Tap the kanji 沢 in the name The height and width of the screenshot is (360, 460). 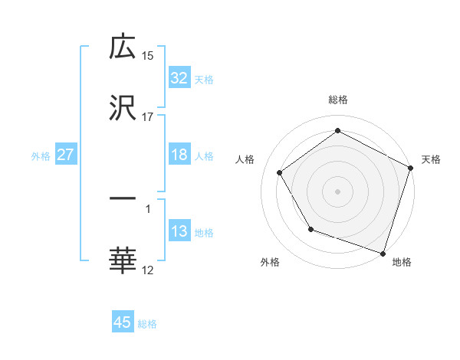(123, 108)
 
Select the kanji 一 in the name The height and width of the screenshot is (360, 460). (123, 200)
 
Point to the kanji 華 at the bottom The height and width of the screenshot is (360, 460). (123, 260)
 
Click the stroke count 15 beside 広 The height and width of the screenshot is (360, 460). (148, 55)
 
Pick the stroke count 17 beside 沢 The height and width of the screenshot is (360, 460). (148, 116)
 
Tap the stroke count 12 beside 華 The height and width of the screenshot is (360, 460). (148, 270)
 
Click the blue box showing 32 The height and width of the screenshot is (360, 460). (179, 78)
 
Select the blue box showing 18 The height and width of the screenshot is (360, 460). (179, 155)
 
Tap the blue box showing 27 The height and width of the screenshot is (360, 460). (66, 155)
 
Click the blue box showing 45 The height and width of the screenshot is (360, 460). (123, 322)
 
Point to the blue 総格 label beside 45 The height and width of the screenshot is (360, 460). (147, 324)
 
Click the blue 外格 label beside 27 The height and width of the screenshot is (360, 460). (41, 156)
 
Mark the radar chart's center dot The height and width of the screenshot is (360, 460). (337, 191)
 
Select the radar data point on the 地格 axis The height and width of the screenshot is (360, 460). (383, 253)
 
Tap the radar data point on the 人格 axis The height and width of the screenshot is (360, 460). (280, 172)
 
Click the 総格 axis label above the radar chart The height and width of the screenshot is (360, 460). (337, 100)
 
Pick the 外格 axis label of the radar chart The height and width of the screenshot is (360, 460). (270, 262)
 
